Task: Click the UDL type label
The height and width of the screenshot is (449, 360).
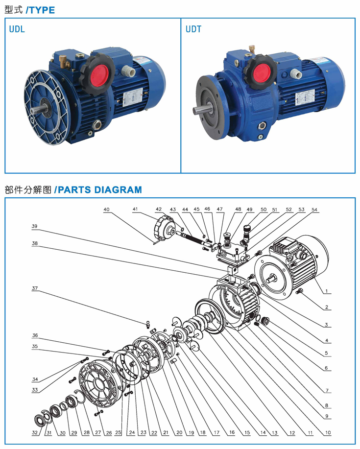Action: point(17,29)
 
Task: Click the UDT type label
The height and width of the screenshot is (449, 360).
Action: point(193,29)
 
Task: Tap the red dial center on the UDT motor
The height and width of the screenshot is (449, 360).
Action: point(262,72)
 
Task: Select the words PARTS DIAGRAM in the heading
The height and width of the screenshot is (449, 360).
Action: point(100,190)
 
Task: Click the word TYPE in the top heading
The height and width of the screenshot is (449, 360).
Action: point(42,10)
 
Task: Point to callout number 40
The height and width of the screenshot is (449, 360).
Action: point(106,210)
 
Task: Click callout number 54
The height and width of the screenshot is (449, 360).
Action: point(314,210)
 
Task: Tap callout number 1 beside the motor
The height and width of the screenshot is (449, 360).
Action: point(326,291)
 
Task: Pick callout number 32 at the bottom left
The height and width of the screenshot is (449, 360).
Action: point(35,433)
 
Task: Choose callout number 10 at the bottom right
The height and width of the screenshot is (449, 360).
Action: point(328,433)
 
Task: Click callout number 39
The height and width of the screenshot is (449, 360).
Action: point(34,226)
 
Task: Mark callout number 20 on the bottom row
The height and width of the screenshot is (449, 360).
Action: point(179,433)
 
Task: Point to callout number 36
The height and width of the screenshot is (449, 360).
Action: point(35,335)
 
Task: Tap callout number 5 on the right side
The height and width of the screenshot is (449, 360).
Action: point(326,353)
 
